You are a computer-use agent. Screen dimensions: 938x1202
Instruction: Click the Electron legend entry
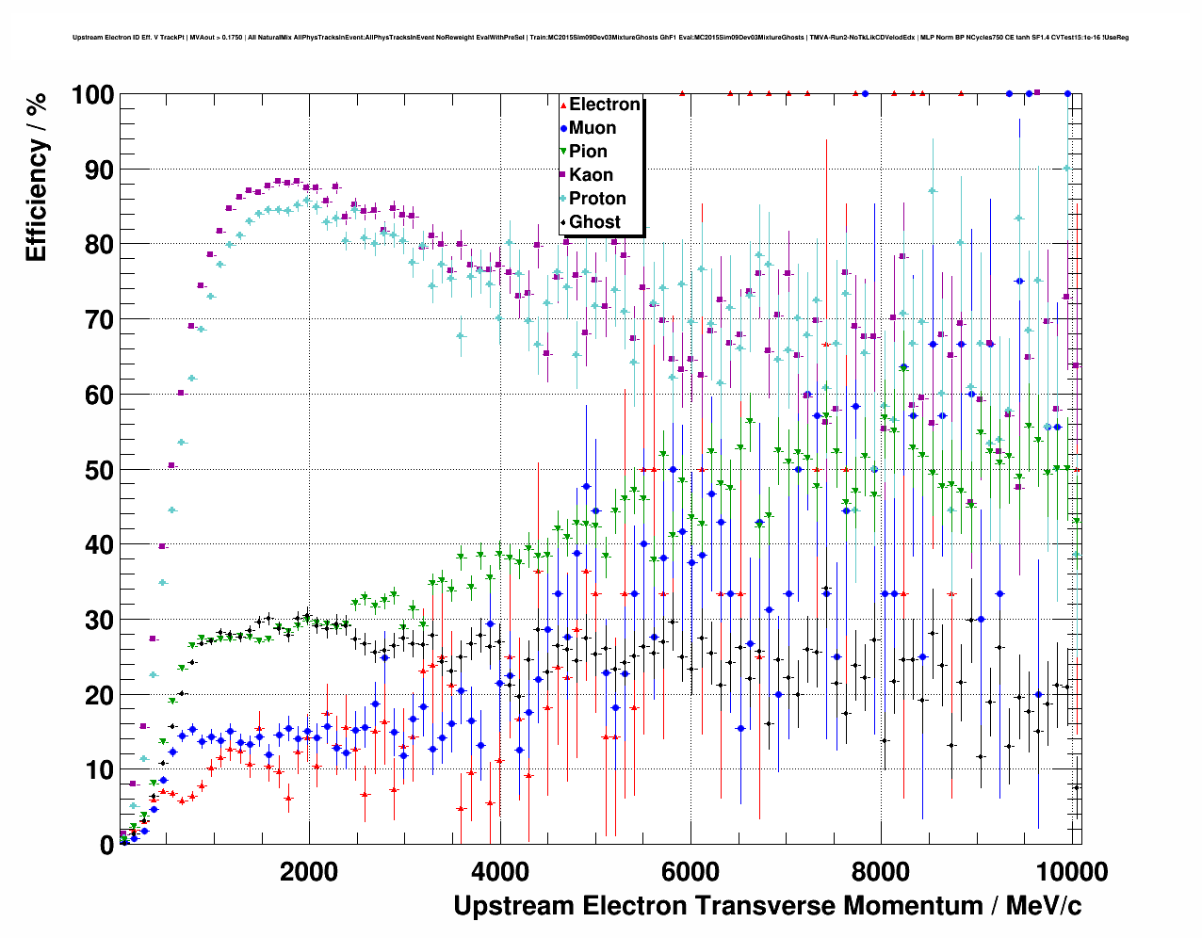[x=604, y=105]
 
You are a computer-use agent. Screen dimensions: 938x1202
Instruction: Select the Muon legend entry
[x=593, y=128]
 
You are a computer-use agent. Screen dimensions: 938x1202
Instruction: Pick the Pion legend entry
[x=588, y=152]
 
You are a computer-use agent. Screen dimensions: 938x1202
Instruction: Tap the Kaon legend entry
[x=591, y=175]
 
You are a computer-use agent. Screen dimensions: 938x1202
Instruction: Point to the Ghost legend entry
[x=594, y=222]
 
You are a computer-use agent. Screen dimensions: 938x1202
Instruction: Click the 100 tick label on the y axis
[x=91, y=95]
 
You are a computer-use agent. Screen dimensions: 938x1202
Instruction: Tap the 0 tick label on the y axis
[x=106, y=845]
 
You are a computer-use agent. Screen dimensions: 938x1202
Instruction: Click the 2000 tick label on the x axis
[x=309, y=871]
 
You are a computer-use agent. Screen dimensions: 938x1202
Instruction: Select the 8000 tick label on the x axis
[x=881, y=871]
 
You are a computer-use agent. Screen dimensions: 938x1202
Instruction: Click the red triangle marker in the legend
[x=563, y=105]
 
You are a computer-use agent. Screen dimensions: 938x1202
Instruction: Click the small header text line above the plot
[x=600, y=38]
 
